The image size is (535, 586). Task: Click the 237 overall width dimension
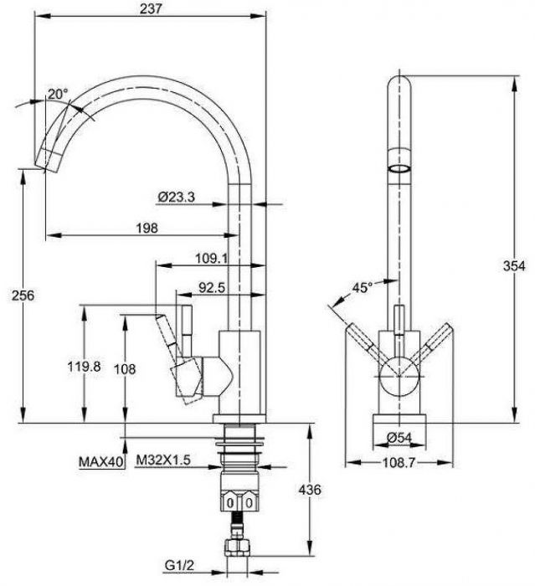click(x=151, y=8)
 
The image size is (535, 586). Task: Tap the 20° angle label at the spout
click(x=58, y=94)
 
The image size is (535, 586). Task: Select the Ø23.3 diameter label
click(x=176, y=197)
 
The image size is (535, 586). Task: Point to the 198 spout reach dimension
click(x=147, y=228)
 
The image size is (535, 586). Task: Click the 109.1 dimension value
click(x=212, y=258)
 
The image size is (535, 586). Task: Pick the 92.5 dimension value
click(x=212, y=287)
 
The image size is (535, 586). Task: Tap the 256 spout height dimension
click(x=23, y=296)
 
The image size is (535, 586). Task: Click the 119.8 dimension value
click(x=84, y=367)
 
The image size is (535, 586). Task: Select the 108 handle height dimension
click(x=125, y=369)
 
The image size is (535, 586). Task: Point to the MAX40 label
click(x=101, y=462)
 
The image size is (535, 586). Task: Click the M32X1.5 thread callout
click(x=163, y=460)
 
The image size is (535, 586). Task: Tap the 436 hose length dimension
click(x=310, y=490)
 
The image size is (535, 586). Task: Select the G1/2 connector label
click(x=179, y=565)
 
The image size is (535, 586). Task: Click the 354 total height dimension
click(x=514, y=265)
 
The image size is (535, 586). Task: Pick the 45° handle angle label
click(x=363, y=287)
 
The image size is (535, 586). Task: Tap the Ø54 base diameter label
click(x=399, y=437)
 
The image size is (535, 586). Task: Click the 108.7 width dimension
click(x=399, y=463)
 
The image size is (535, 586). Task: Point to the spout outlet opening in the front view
click(x=399, y=168)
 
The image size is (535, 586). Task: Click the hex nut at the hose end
click(x=238, y=547)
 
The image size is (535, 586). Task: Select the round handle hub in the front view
click(x=399, y=376)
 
